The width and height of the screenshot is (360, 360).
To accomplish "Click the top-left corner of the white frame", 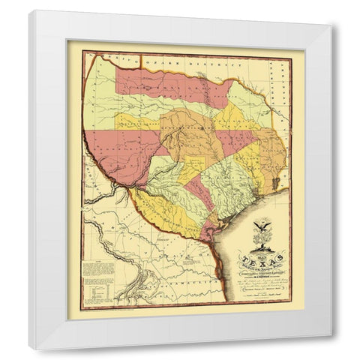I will [x=31, y=12].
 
